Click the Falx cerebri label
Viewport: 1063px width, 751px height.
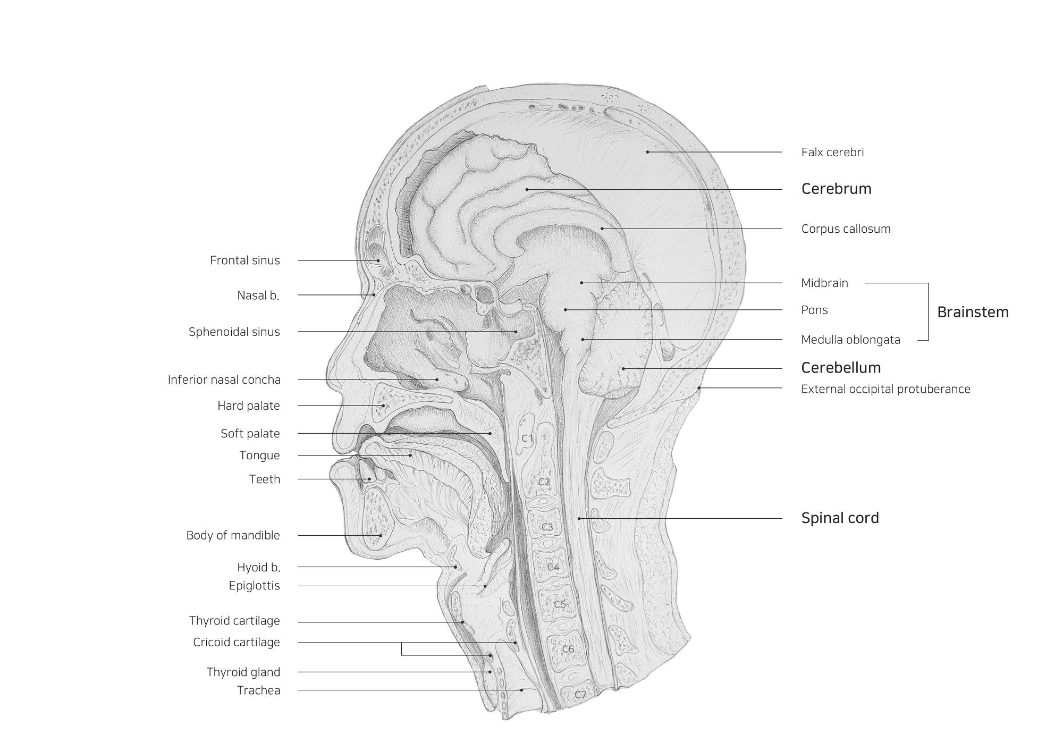(832, 153)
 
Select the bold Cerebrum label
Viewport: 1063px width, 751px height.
(836, 189)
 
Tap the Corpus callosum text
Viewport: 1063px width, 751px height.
(846, 229)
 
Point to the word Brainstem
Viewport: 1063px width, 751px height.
(972, 312)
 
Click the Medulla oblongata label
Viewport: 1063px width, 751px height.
(850, 340)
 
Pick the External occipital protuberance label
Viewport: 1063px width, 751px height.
(885, 389)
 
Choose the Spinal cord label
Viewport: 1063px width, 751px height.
(840, 518)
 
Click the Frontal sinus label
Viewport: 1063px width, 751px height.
(244, 260)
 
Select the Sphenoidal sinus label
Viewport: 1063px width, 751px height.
(234, 332)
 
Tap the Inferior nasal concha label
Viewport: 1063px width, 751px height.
(224, 380)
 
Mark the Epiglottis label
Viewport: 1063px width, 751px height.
(254, 586)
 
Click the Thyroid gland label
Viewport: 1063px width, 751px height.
(243, 672)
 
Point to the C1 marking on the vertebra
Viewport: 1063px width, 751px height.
(527, 438)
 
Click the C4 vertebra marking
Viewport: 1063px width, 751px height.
(553, 567)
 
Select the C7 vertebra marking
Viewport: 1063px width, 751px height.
(580, 695)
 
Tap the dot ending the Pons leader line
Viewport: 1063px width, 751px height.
(566, 309)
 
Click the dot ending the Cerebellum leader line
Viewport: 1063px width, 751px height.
(623, 368)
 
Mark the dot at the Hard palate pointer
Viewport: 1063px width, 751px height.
(383, 406)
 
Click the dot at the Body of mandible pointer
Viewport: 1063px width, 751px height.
(381, 535)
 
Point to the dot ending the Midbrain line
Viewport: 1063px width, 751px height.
(581, 283)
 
